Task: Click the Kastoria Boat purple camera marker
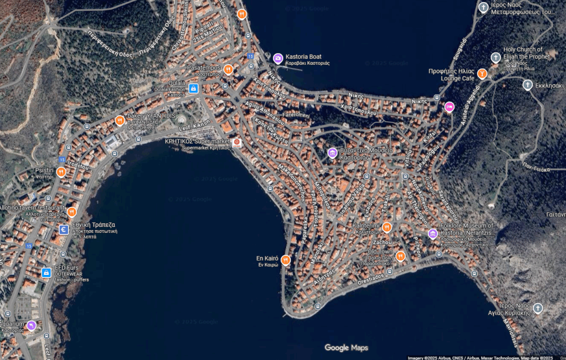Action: (x=278, y=58)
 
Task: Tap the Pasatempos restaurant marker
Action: (x=228, y=69)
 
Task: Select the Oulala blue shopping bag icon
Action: (x=193, y=88)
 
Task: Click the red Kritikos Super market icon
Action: (x=237, y=143)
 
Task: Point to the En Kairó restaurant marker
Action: (x=286, y=259)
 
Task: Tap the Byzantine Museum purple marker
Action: (x=332, y=153)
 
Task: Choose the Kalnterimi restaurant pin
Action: (x=387, y=227)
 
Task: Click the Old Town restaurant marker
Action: (x=401, y=256)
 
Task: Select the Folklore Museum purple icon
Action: (x=433, y=234)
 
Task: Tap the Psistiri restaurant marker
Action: (x=61, y=171)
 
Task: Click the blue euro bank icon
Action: (x=64, y=229)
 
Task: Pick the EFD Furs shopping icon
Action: (x=46, y=272)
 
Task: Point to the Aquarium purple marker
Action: (x=32, y=325)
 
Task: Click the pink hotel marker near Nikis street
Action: (x=449, y=107)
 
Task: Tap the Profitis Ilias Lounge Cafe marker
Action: (x=482, y=73)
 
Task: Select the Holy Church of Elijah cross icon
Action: (x=496, y=57)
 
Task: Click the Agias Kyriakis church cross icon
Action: (x=538, y=308)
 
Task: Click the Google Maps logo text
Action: (x=346, y=348)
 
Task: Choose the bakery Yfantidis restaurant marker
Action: (x=119, y=120)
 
